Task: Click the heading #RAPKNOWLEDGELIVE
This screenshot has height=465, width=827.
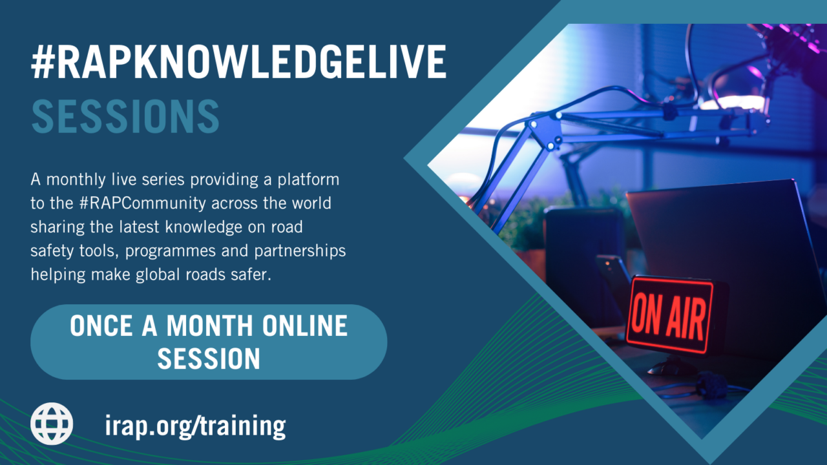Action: [x=238, y=63]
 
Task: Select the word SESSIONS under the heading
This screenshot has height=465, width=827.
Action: [x=125, y=116]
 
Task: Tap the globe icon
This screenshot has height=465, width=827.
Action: [x=52, y=424]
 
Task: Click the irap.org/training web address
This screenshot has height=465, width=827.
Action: [x=194, y=426]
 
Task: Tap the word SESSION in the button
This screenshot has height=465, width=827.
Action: [x=209, y=358]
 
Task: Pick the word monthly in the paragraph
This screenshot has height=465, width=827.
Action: [x=71, y=178]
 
